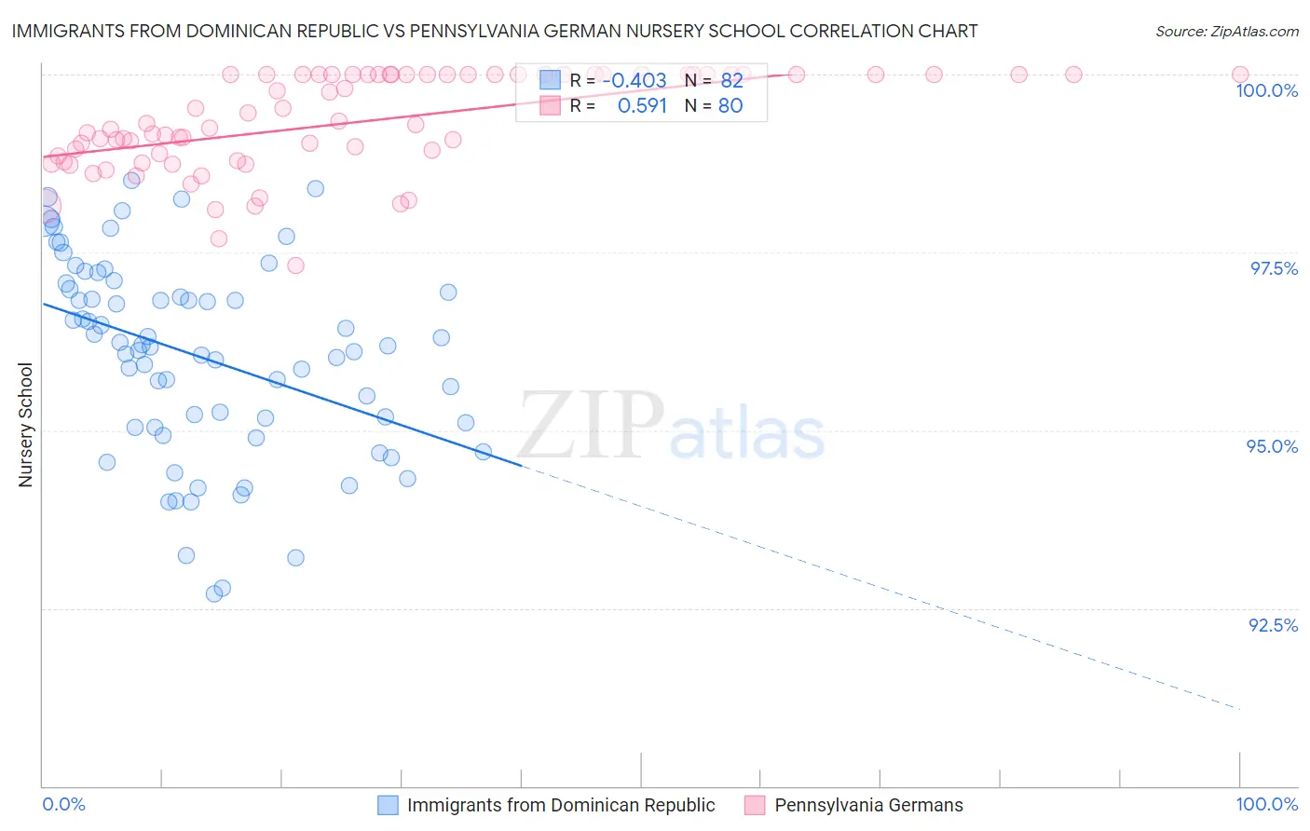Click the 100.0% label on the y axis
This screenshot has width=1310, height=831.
[1266, 90]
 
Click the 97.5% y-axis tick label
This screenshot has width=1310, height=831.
[1274, 268]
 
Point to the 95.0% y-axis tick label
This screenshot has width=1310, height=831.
[1272, 446]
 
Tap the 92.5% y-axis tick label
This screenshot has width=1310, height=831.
[1273, 625]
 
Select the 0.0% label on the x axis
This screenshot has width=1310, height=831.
[63, 804]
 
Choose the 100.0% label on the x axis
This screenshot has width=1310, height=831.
[1266, 804]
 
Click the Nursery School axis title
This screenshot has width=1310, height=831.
[26, 424]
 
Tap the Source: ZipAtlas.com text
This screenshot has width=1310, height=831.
[1226, 31]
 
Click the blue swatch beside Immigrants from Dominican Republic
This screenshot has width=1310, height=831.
[388, 805]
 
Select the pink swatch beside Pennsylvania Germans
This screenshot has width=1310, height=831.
[755, 805]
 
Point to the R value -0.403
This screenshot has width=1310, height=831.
[634, 80]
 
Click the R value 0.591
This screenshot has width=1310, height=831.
[642, 105]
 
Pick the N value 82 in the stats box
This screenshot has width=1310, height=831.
[731, 80]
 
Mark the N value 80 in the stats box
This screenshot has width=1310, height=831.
[730, 105]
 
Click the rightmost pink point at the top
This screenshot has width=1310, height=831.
[1239, 75]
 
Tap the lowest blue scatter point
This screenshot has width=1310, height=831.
[214, 593]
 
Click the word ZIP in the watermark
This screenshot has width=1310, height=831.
[591, 426]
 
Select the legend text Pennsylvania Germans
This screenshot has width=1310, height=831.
[868, 805]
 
